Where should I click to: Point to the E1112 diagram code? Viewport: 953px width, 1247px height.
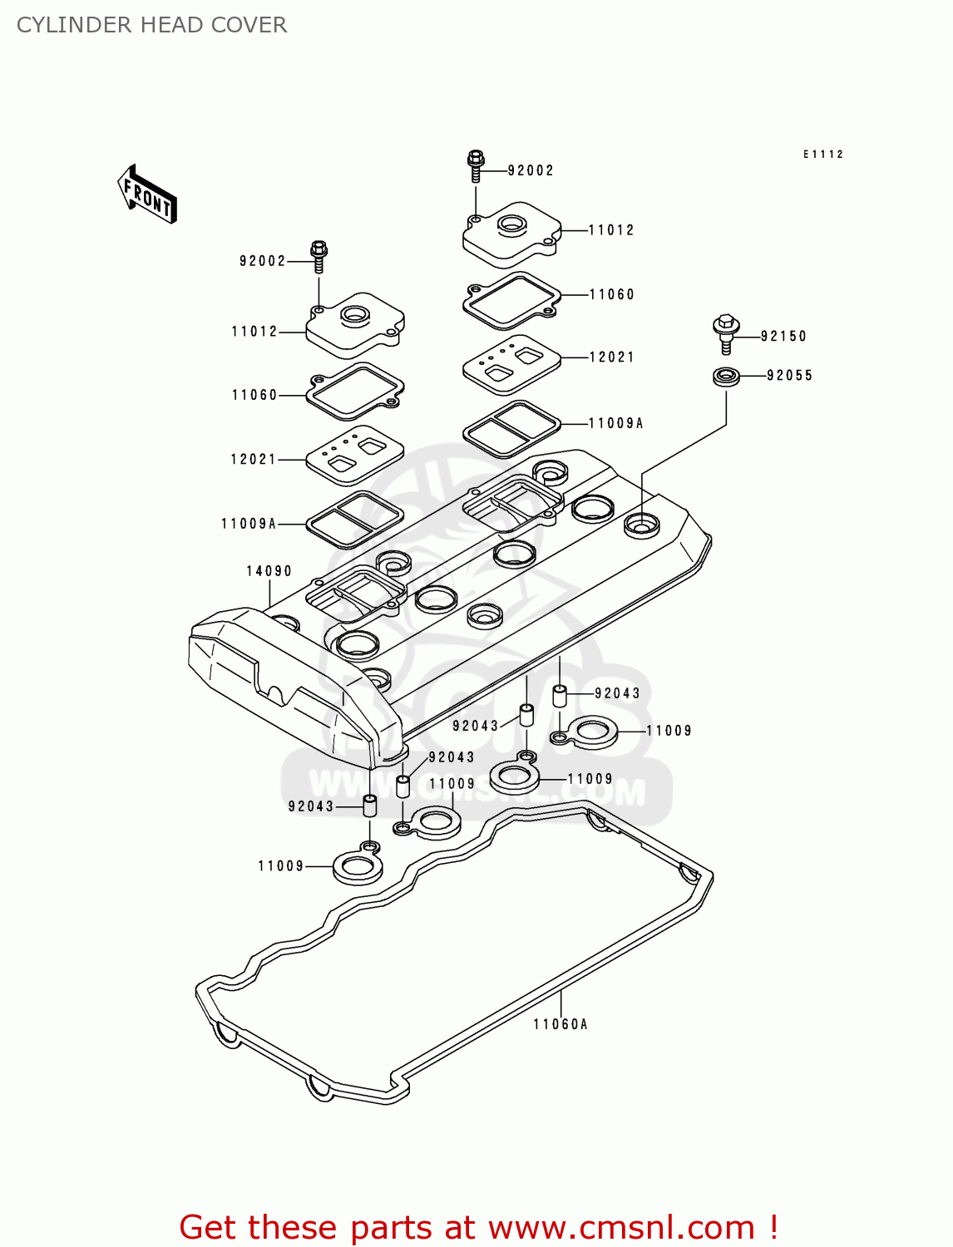point(822,155)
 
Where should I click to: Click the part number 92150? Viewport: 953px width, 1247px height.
point(783,337)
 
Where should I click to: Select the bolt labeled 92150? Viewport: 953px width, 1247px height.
point(726,333)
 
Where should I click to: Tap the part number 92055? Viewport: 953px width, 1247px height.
point(789,376)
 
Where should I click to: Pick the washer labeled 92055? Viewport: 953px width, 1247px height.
point(726,376)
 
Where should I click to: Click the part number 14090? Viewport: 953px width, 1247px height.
point(269,571)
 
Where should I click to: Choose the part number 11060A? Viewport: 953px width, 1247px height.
point(560,1024)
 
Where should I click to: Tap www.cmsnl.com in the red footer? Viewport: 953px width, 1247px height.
point(621,1227)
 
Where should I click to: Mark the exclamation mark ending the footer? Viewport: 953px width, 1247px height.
point(773,1227)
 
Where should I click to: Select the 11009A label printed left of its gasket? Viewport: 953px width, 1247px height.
point(249,524)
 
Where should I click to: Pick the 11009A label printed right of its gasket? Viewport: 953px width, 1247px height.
point(615,423)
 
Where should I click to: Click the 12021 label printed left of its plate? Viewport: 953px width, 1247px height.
point(253,459)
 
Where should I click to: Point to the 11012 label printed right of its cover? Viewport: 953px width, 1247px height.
point(611,230)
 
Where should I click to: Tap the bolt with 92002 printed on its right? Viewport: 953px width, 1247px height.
point(476,165)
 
